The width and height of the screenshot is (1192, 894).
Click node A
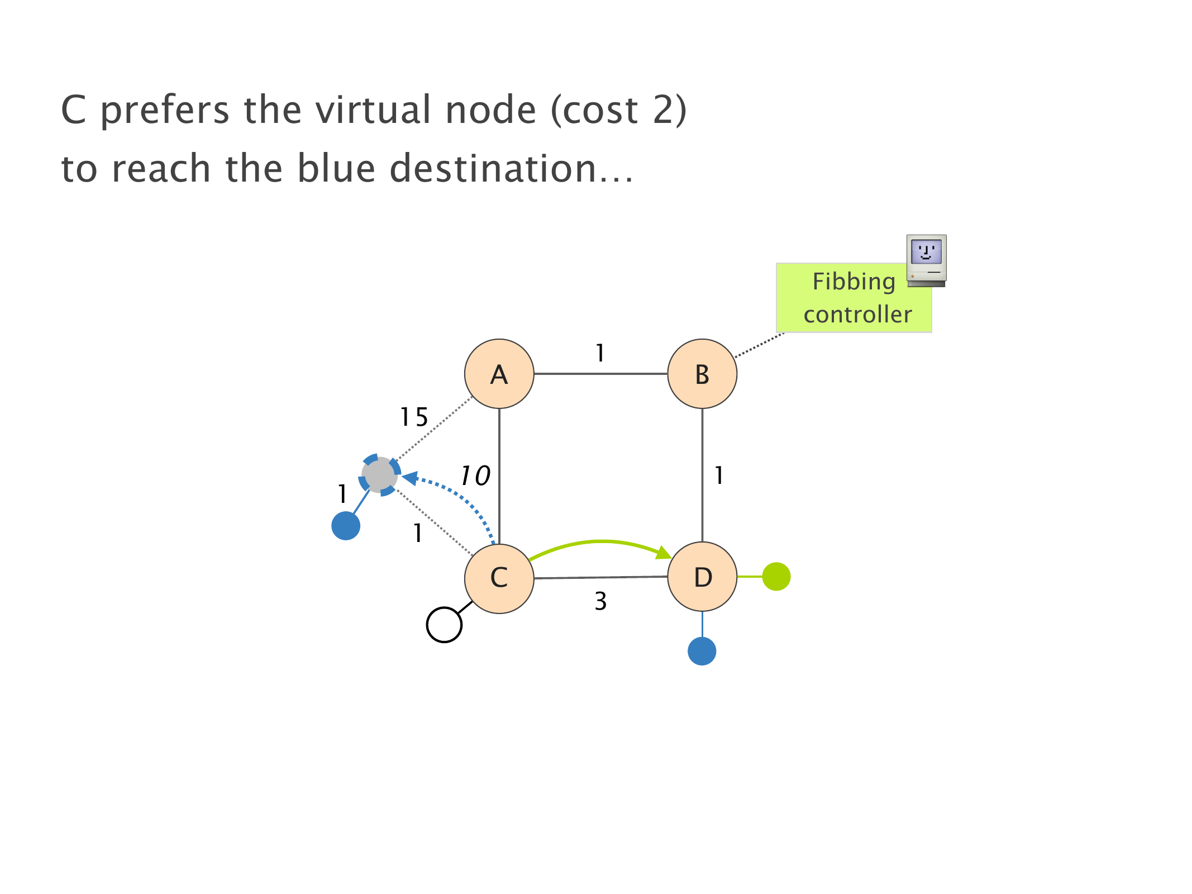tap(499, 374)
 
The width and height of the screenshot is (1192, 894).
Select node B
tap(702, 374)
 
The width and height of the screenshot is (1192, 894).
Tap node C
tap(499, 578)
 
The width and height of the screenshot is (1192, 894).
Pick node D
tap(702, 577)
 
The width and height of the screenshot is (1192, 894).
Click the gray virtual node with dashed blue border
tap(380, 475)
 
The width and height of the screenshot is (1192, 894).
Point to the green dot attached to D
tap(776, 577)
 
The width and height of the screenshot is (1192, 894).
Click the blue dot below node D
tap(702, 651)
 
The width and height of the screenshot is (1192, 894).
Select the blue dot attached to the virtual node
tap(346, 526)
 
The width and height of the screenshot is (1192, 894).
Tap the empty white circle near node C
tap(444, 625)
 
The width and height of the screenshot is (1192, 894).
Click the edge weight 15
tap(414, 417)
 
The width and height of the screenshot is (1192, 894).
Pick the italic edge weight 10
tap(475, 476)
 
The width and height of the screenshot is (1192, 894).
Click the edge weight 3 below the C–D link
tap(600, 601)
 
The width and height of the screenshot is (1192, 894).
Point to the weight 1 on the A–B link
tap(600, 353)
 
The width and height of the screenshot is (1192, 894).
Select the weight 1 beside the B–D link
tap(719, 475)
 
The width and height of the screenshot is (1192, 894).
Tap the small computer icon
tap(926, 260)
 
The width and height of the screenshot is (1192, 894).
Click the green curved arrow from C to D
tap(600, 542)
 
